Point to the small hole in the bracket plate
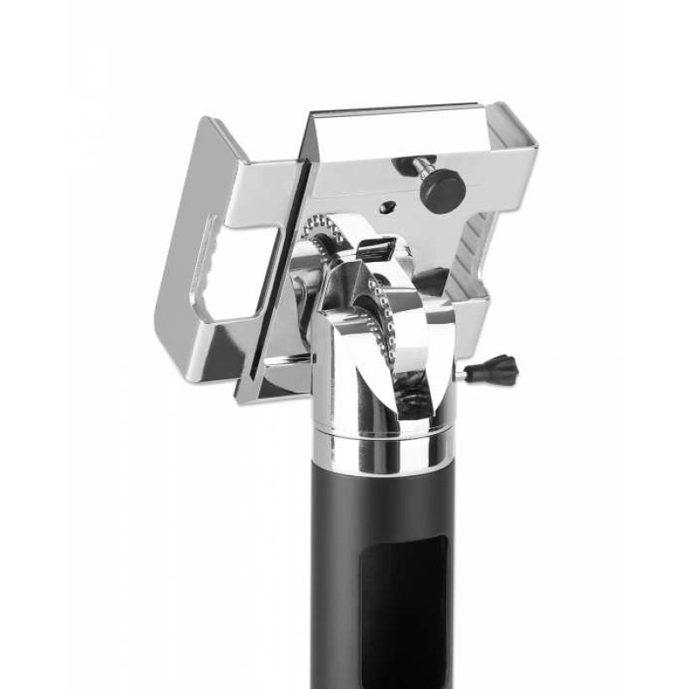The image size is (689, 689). pos(388,207)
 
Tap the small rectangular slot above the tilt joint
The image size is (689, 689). pos(379,252)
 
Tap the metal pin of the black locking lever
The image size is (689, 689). pos(476,373)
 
